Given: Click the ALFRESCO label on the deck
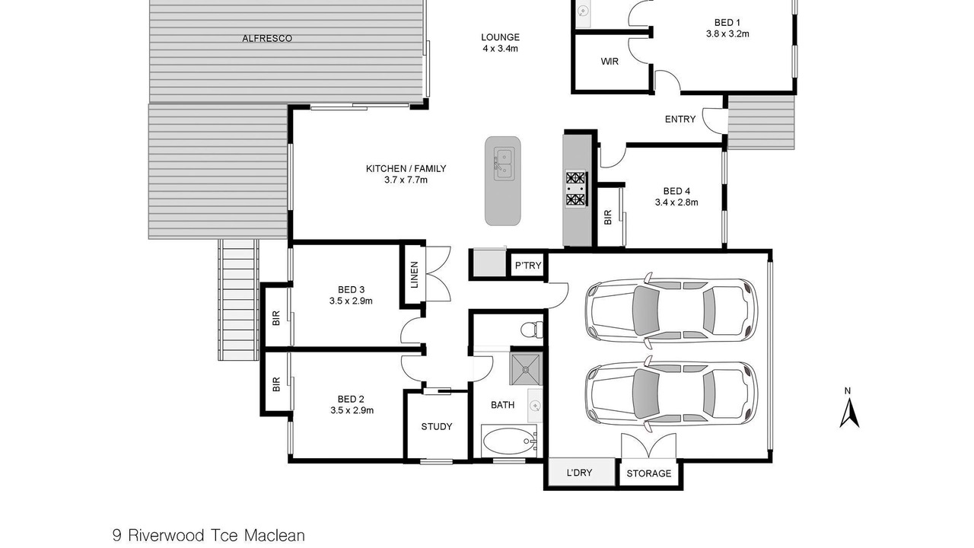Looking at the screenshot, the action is coord(267,38).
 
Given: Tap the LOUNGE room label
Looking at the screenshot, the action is coord(500,37).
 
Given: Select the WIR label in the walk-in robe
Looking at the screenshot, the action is coord(610,62).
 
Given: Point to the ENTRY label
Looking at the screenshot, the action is coord(680,119).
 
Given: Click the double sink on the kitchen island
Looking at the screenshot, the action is coord(504,165).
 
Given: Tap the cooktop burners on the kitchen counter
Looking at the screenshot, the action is coord(576,189).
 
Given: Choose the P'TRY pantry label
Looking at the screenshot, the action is coord(528,266).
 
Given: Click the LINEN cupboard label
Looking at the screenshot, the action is coord(415,275).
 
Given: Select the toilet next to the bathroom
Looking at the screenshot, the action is coord(532,330).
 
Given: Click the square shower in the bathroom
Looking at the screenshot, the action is coord(526,369).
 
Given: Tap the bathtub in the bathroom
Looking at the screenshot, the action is coord(509,441).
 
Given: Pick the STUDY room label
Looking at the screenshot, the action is coord(437,427).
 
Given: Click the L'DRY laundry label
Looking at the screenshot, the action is coord(579,473).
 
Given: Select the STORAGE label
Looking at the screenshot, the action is coord(649,473).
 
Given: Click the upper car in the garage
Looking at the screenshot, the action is coord(671,311).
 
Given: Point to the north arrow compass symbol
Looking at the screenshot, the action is coord(848,409).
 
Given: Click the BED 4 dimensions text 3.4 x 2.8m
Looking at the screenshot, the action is coord(676,202).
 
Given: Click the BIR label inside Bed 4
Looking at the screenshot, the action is coord(608,218).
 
